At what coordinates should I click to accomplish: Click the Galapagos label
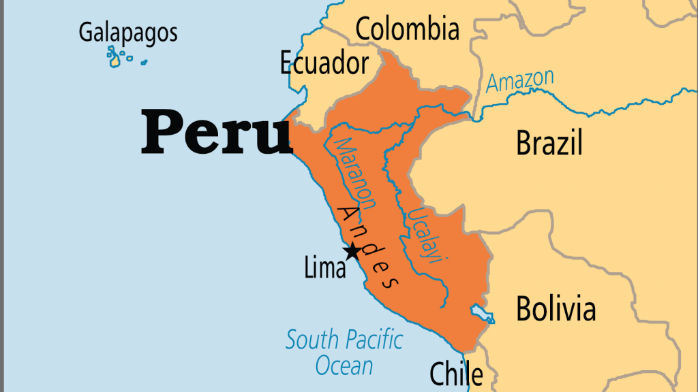[x=128, y=33]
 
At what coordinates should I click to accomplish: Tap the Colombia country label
[x=408, y=29]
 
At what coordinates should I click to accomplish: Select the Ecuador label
[x=324, y=63]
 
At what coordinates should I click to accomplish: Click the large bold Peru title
[x=216, y=132]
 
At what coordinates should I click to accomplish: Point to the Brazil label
[x=549, y=143]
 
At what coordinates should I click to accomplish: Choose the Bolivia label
[x=556, y=308]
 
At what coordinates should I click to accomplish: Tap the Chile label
[x=456, y=374]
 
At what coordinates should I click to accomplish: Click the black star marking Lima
[x=352, y=252]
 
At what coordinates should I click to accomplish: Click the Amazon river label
[x=520, y=81]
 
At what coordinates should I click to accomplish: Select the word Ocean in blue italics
[x=344, y=366]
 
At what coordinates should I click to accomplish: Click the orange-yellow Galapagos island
[x=115, y=61]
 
